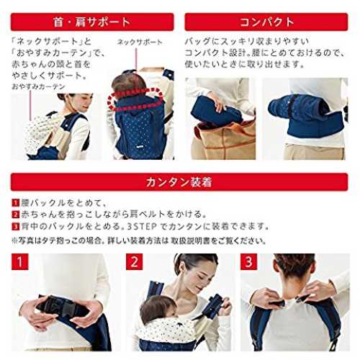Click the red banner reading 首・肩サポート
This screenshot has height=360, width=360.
pos(92,22)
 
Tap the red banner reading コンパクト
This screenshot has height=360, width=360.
pos(266,22)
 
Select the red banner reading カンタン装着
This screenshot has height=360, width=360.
pos(179,182)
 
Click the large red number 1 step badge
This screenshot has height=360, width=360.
pos(20,262)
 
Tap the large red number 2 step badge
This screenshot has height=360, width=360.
pos(135,262)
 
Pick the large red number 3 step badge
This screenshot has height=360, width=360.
pos(249,262)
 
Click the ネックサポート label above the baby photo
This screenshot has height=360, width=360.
pos(140,42)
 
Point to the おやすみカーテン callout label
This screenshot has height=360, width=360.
pos(38,86)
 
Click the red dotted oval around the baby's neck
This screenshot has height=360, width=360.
pos(135,99)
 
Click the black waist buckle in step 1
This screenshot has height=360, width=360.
pos(63,308)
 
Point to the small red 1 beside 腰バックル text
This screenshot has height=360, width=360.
pos(15,203)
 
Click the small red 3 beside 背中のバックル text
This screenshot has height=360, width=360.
pos(15,226)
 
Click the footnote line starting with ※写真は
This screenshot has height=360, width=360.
pos(139,240)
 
